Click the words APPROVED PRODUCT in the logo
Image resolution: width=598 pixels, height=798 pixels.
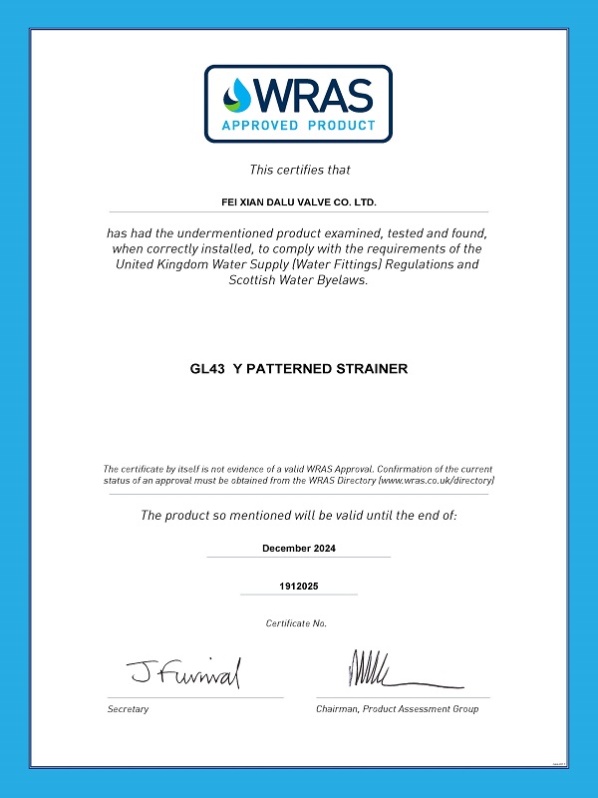[x=299, y=126]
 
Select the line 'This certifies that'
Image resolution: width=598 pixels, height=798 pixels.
[x=299, y=170]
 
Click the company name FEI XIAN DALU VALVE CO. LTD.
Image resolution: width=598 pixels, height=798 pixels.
[x=298, y=201]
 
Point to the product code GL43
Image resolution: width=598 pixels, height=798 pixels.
[x=205, y=369]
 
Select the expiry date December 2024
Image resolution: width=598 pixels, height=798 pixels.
[x=298, y=549]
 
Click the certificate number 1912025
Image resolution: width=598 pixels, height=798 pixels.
[x=298, y=588]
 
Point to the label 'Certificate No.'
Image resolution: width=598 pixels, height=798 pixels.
[x=296, y=623]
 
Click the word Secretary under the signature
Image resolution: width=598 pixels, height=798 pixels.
[x=128, y=709]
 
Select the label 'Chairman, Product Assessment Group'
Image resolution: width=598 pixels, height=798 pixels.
[x=398, y=709]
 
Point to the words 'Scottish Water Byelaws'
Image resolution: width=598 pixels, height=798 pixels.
[x=298, y=280]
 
